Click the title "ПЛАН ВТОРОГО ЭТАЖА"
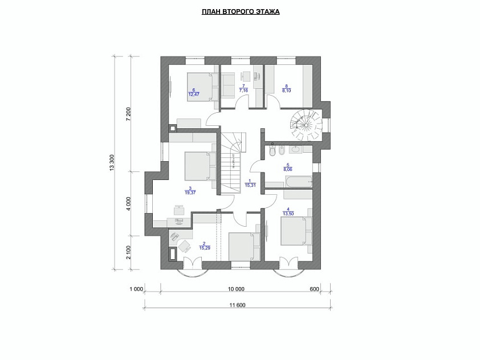point(241,12)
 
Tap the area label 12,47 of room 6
point(193,95)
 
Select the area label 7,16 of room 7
point(243,91)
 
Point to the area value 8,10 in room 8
point(287,91)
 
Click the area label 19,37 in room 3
point(190,193)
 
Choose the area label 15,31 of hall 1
point(250,185)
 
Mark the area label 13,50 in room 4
point(288,214)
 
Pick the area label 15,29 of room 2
point(205,248)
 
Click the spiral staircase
point(307,125)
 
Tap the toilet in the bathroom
point(272,150)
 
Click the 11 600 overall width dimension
point(237,305)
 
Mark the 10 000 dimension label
point(237,289)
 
